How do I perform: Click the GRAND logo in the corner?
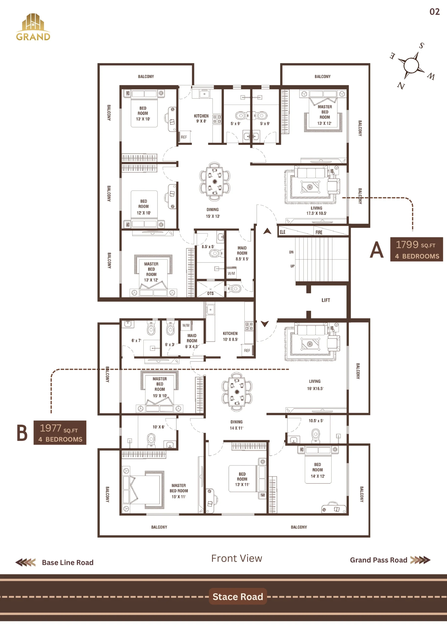click(x=33, y=27)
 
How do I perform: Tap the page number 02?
click(x=435, y=12)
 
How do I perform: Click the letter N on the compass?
click(x=401, y=86)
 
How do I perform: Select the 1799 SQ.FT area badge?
click(x=416, y=249)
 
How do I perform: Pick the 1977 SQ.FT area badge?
click(x=60, y=432)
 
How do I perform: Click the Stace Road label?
click(x=238, y=596)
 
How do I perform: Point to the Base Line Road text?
click(x=68, y=563)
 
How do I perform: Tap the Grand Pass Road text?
click(x=378, y=560)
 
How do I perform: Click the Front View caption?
click(x=237, y=558)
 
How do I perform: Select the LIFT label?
click(x=325, y=300)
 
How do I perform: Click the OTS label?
click(x=210, y=293)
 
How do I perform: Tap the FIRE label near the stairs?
click(x=319, y=232)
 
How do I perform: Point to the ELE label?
click(x=283, y=232)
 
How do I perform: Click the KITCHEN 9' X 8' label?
click(x=201, y=118)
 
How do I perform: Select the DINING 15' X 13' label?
click(x=213, y=213)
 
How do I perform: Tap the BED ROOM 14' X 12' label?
click(x=318, y=470)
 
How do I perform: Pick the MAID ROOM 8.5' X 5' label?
click(x=242, y=253)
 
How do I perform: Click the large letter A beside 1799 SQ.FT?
click(x=377, y=250)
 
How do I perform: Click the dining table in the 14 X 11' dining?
click(x=237, y=392)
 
